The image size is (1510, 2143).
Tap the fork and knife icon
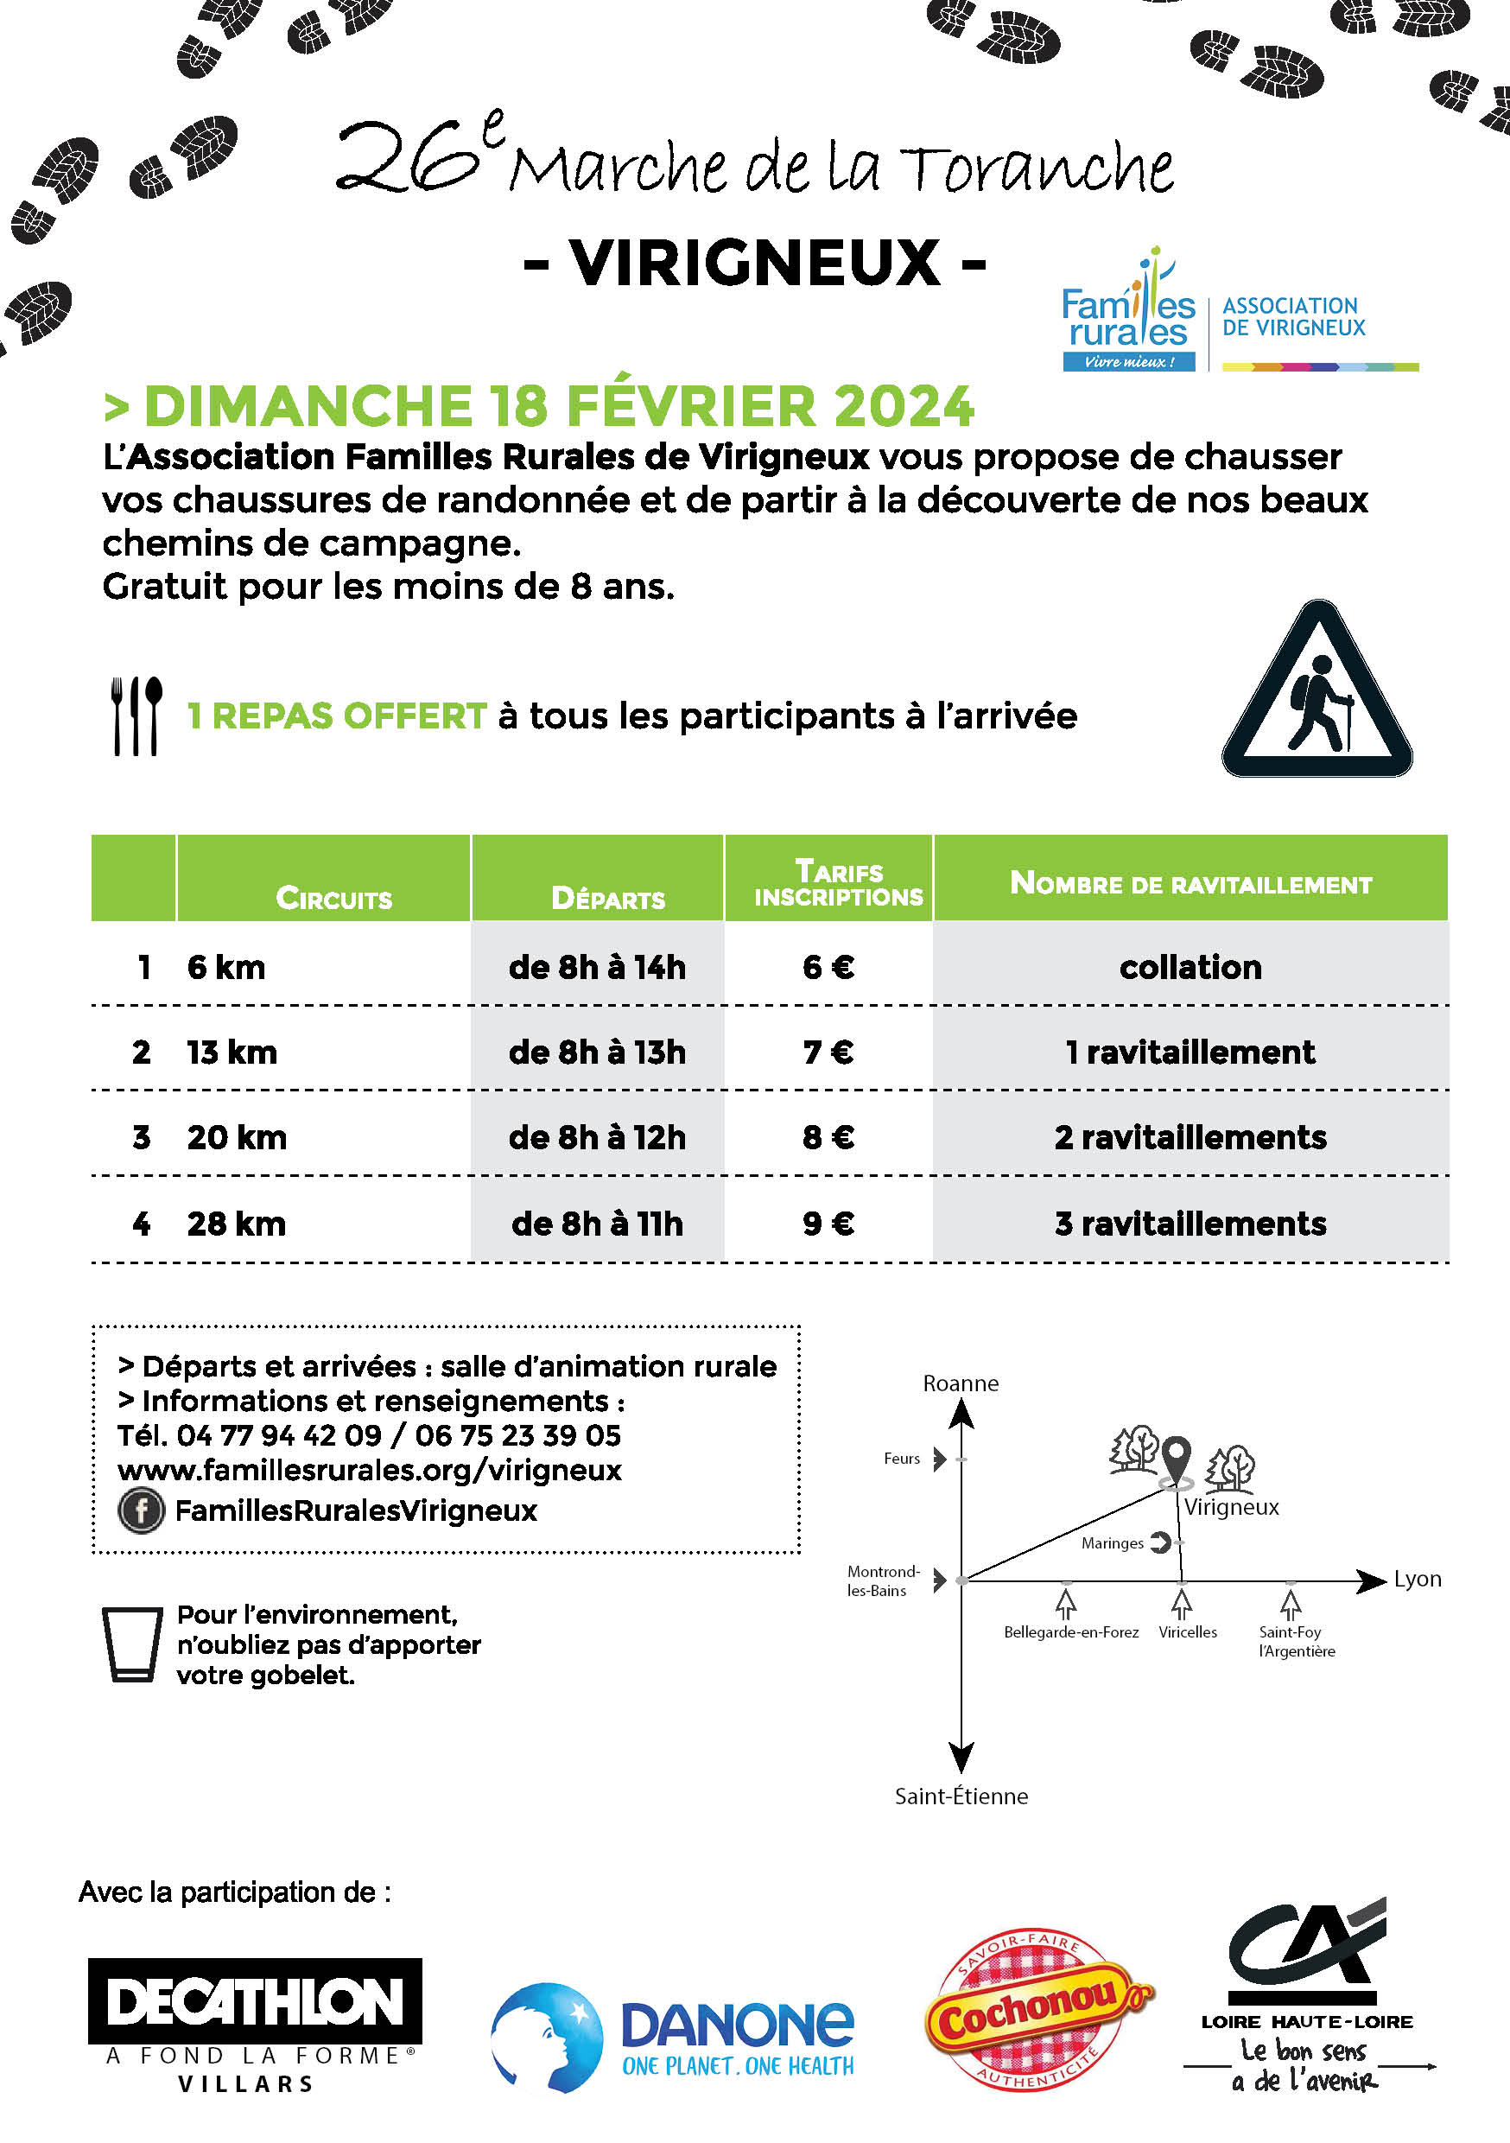pyautogui.click(x=136, y=715)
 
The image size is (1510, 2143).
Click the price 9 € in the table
pyautogui.click(x=828, y=1223)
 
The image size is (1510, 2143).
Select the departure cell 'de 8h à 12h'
pyautogui.click(x=597, y=1137)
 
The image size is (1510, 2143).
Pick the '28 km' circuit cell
pyautogui.click(x=236, y=1223)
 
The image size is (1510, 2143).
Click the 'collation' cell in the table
pyautogui.click(x=1190, y=967)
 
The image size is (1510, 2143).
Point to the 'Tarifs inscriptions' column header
pyautogui.click(x=838, y=883)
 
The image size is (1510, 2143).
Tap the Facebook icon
pyautogui.click(x=141, y=1510)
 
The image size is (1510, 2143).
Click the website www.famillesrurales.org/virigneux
pyautogui.click(x=370, y=1470)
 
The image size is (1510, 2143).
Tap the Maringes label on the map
pyautogui.click(x=1112, y=1542)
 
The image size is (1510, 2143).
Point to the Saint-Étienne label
pyautogui.click(x=961, y=1796)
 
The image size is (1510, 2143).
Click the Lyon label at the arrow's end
pyautogui.click(x=1417, y=1579)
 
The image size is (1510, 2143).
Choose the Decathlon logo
pyautogui.click(x=255, y=2001)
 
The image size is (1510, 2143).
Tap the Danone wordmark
pyautogui.click(x=737, y=2023)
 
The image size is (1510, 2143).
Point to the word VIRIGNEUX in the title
pyautogui.click(x=755, y=264)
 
